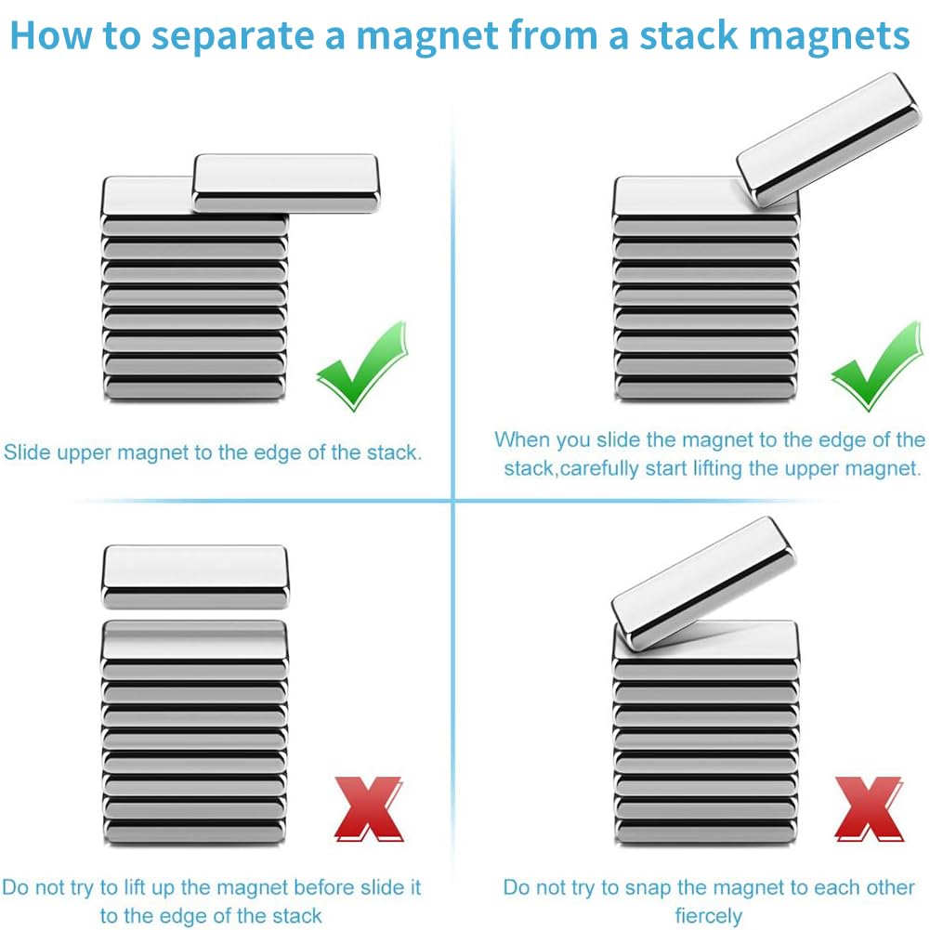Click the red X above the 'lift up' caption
tap(369, 808)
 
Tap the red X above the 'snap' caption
tap(869, 808)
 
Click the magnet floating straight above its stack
tap(194, 576)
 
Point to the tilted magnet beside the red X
tap(702, 583)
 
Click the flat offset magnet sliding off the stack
tap(284, 182)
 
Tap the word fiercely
tap(709, 916)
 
